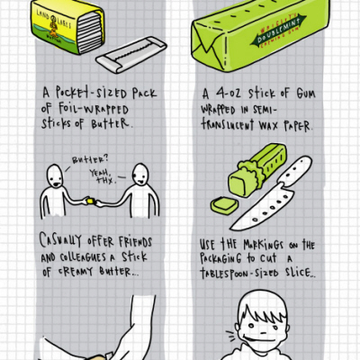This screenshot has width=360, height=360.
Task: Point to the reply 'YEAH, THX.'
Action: pos(106,172)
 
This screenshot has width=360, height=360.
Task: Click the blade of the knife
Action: pos(262,205)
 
